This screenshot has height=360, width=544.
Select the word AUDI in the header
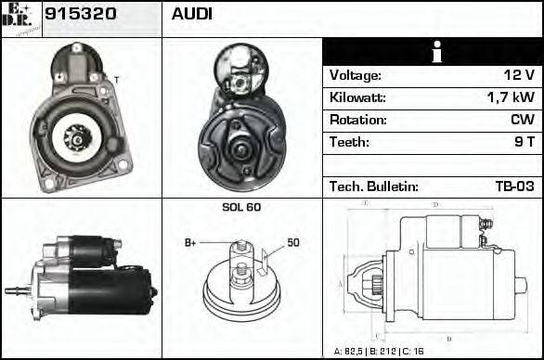click(x=192, y=16)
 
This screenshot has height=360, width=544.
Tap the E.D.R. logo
click(x=20, y=18)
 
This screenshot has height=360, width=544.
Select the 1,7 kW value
click(x=511, y=97)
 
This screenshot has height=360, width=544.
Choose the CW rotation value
click(x=522, y=120)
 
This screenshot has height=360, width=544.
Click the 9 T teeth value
click(x=524, y=142)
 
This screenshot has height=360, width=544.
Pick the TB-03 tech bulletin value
click(x=513, y=186)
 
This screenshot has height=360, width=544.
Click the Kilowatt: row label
click(x=358, y=97)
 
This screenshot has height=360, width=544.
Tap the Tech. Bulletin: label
click(x=373, y=186)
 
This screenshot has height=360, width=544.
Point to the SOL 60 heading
click(x=241, y=207)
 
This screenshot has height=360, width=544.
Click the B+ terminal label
click(x=190, y=243)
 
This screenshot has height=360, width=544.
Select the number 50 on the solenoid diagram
click(x=292, y=243)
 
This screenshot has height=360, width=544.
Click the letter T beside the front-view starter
click(x=116, y=81)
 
